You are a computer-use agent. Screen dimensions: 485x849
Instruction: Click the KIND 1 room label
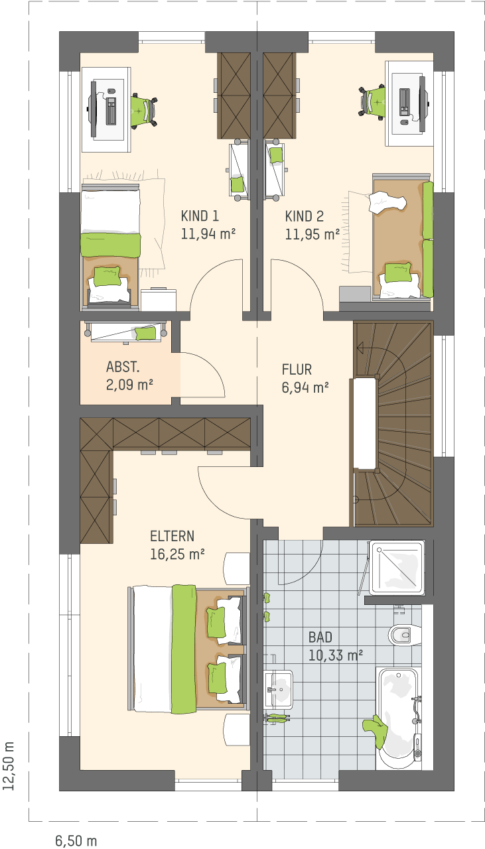[200, 216]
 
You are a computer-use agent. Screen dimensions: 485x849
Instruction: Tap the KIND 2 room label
[305, 216]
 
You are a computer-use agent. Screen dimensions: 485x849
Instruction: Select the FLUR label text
[297, 369]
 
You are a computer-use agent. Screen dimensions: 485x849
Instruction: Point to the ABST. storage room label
[123, 367]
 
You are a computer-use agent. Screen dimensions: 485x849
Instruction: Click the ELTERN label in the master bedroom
[172, 537]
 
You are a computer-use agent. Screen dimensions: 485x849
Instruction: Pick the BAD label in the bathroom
[320, 637]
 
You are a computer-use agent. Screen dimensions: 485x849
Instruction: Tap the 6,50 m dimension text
[76, 840]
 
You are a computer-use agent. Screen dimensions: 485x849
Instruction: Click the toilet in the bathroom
[404, 633]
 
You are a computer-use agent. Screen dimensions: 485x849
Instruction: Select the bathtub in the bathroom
[398, 713]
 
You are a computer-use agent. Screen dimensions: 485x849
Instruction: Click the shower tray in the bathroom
[397, 567]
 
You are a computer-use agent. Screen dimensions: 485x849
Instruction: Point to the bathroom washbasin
[279, 689]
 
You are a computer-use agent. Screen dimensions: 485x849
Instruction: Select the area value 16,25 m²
[177, 555]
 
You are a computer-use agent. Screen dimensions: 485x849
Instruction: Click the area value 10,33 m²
[336, 655]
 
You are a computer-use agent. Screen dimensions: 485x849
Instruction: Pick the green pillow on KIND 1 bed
[107, 276]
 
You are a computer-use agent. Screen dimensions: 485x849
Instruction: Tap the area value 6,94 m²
[305, 387]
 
